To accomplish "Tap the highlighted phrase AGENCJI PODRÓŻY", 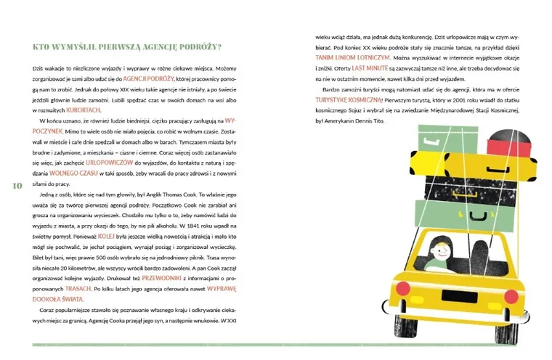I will coord(148,76).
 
